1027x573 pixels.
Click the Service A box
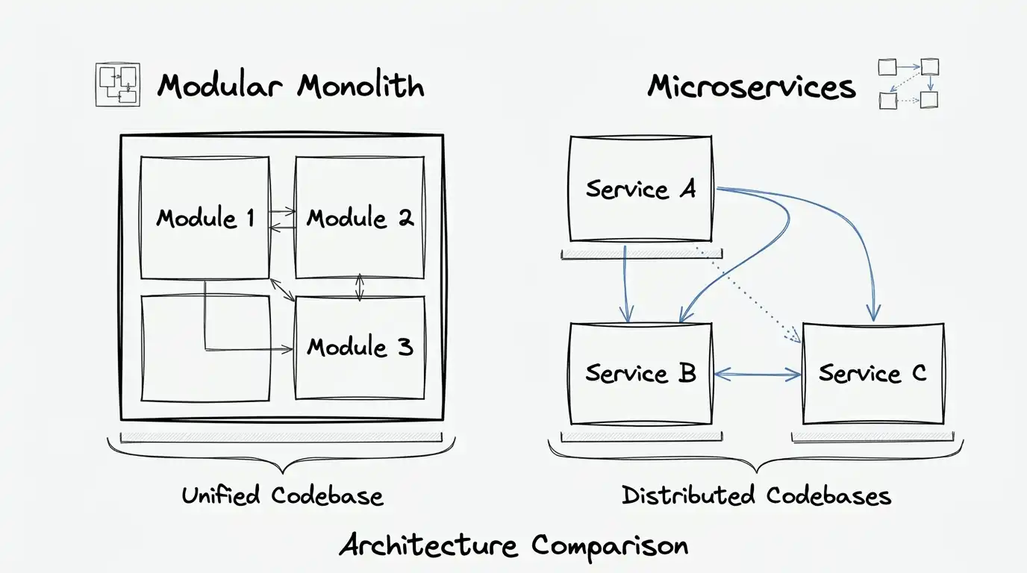click(x=640, y=188)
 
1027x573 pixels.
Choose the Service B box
click(x=640, y=373)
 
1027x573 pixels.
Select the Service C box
click(x=873, y=373)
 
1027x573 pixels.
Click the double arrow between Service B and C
click(x=757, y=375)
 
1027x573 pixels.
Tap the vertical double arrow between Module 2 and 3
click(x=360, y=287)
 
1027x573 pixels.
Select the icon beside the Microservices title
click(x=908, y=84)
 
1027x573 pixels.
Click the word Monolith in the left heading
click(x=360, y=86)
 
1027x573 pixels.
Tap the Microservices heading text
click(x=751, y=87)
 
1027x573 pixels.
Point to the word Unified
click(x=220, y=495)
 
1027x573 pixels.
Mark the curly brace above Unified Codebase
click(x=281, y=455)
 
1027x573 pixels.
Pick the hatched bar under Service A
click(x=640, y=254)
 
